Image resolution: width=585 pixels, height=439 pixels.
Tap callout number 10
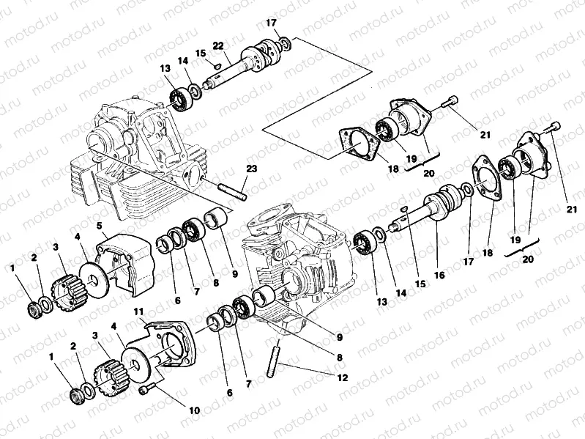tap(193, 411)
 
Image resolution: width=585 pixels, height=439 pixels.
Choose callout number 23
tap(251, 169)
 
